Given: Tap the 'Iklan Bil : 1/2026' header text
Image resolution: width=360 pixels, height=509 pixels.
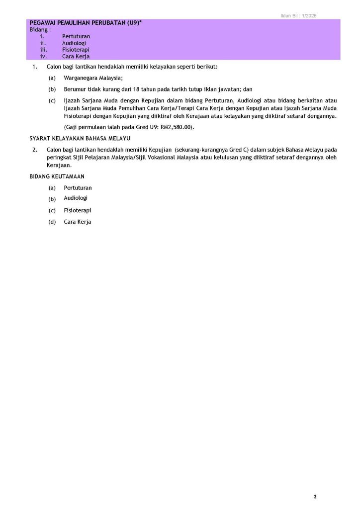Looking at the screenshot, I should click(298, 16).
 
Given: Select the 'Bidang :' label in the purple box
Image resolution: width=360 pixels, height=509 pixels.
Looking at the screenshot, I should click(40, 30).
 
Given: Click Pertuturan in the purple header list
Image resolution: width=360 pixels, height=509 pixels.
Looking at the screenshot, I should click(76, 36).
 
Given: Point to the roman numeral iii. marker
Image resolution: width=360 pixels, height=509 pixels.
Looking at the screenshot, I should click(43, 50).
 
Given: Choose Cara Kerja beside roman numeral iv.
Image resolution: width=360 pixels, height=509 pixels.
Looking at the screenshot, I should click(76, 57).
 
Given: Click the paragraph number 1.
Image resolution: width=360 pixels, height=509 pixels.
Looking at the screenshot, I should click(34, 66).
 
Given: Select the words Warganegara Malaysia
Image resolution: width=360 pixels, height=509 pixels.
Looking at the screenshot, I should click(93, 78).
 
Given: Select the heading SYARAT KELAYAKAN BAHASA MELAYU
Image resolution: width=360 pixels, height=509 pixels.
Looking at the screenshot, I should click(80, 138).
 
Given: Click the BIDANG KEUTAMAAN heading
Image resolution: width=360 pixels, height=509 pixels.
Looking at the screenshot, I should click(57, 176).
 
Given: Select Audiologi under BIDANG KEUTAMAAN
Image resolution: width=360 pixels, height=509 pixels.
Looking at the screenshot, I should click(76, 198).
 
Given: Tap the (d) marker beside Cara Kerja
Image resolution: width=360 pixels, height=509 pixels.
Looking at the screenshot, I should click(52, 222).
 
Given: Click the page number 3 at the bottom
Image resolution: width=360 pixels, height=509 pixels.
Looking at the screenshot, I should click(315, 497).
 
